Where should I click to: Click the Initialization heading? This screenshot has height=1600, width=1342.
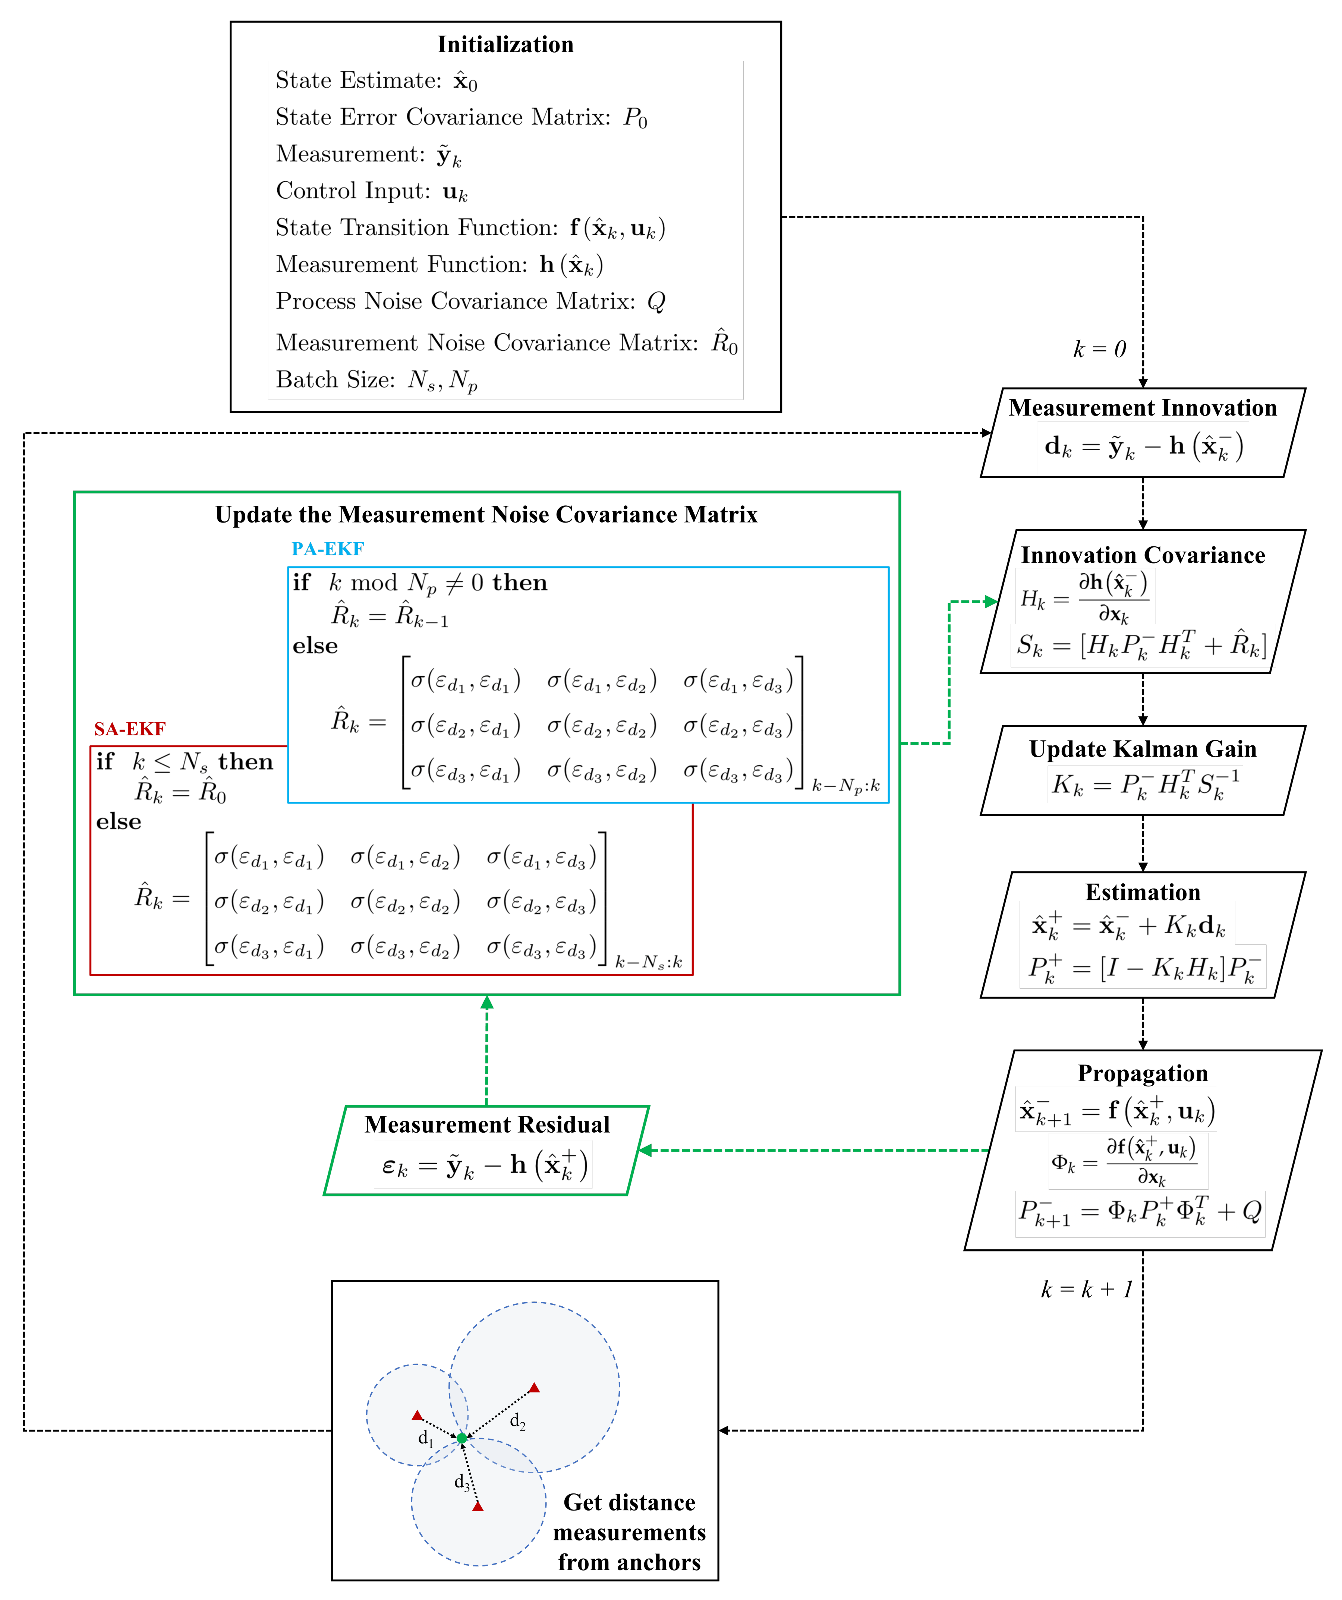[x=505, y=44]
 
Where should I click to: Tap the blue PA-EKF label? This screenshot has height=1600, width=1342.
[x=328, y=549]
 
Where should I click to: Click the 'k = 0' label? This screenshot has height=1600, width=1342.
[x=1099, y=349]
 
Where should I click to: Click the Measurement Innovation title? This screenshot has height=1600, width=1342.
[x=1142, y=408]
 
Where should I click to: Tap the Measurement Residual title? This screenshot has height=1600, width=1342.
[x=487, y=1124]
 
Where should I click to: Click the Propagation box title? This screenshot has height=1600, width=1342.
[x=1142, y=1073]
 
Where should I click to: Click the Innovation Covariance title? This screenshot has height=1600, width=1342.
[x=1142, y=555]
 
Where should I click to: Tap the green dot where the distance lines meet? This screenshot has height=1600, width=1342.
[x=462, y=1438]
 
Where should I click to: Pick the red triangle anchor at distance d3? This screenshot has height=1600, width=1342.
[x=478, y=1506]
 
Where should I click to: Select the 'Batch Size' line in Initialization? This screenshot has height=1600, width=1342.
[x=377, y=379]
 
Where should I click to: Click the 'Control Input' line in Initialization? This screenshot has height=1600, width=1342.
[x=371, y=190]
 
